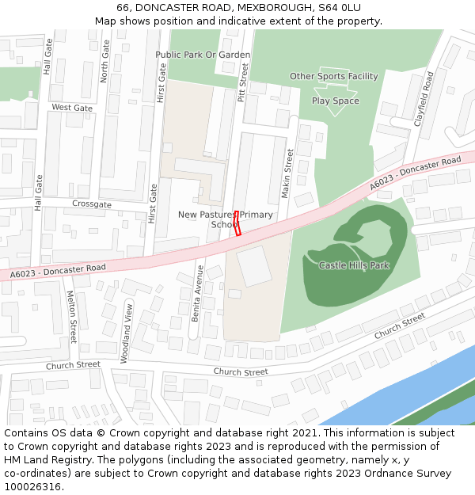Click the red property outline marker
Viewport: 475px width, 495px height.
[237, 223]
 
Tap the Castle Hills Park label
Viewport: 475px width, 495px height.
[354, 265]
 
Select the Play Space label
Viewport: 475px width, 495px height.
[335, 101]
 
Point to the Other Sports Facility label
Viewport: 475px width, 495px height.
[333, 77]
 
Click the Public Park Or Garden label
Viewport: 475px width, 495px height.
[203, 55]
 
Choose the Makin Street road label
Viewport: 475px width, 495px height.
[289, 173]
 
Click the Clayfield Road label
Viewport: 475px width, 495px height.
[424, 100]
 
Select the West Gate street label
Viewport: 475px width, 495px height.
[72, 108]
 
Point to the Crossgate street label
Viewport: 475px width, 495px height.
[91, 204]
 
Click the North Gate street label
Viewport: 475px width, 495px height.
[104, 63]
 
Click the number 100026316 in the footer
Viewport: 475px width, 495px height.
[32, 487]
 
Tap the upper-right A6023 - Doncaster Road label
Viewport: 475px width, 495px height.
[415, 173]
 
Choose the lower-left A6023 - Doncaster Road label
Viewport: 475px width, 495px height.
[58, 272]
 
